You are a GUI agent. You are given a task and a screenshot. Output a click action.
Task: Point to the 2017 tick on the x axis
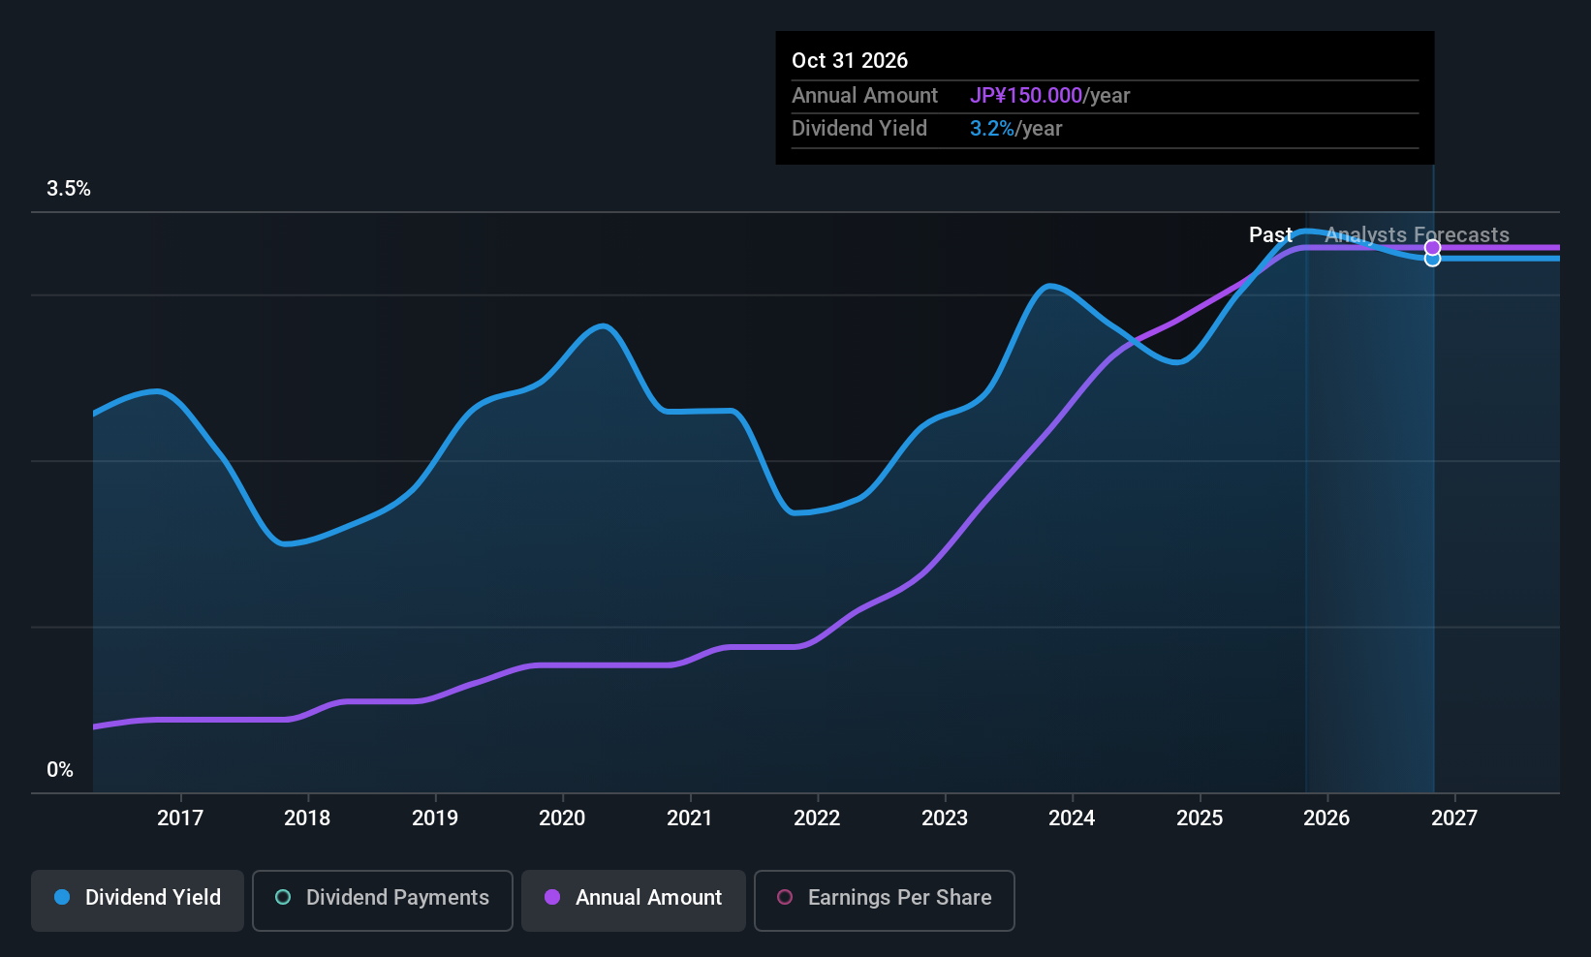180,818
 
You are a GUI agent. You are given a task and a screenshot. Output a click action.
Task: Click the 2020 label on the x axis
562,818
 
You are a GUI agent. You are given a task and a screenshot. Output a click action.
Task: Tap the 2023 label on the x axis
945,818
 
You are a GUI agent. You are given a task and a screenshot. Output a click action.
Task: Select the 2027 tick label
1453,818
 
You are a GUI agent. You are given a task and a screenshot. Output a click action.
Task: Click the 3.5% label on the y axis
69,189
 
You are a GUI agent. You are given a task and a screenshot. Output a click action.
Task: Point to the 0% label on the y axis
60,770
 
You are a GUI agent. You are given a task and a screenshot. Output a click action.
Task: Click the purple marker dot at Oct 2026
1433,248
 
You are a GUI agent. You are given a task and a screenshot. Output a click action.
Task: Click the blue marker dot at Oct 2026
1433,260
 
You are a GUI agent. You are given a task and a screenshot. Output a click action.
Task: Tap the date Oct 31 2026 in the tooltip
850,60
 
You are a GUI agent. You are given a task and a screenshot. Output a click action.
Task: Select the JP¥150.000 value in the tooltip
1025,96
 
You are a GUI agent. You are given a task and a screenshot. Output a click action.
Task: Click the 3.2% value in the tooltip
991,129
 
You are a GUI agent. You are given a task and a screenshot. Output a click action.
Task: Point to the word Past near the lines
1269,234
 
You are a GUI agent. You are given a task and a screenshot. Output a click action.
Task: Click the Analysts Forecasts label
1417,234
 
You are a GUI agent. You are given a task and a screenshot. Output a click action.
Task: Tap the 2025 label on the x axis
1200,818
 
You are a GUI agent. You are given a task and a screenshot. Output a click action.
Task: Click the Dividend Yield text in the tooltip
859,129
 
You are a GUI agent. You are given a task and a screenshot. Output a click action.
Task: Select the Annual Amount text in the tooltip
864,96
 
